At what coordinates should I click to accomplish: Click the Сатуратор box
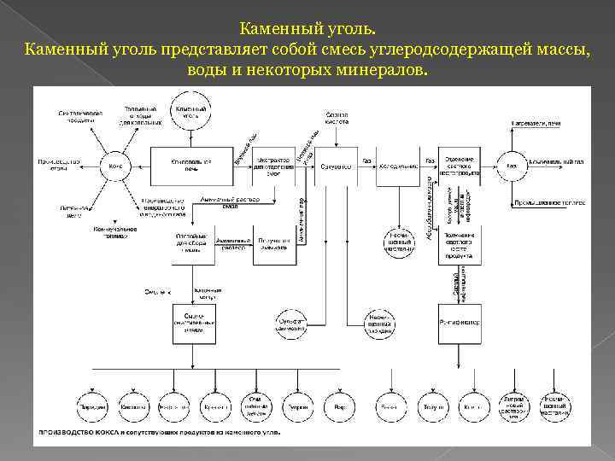pos(335,165)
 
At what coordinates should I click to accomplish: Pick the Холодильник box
pos(398,165)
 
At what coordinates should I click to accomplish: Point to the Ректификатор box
pos(460,323)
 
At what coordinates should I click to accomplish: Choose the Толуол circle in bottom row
pos(433,408)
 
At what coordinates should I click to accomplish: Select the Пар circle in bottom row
pos(340,408)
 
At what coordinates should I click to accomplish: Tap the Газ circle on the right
pos(511,165)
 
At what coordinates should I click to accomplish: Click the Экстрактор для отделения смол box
pos(273,165)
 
